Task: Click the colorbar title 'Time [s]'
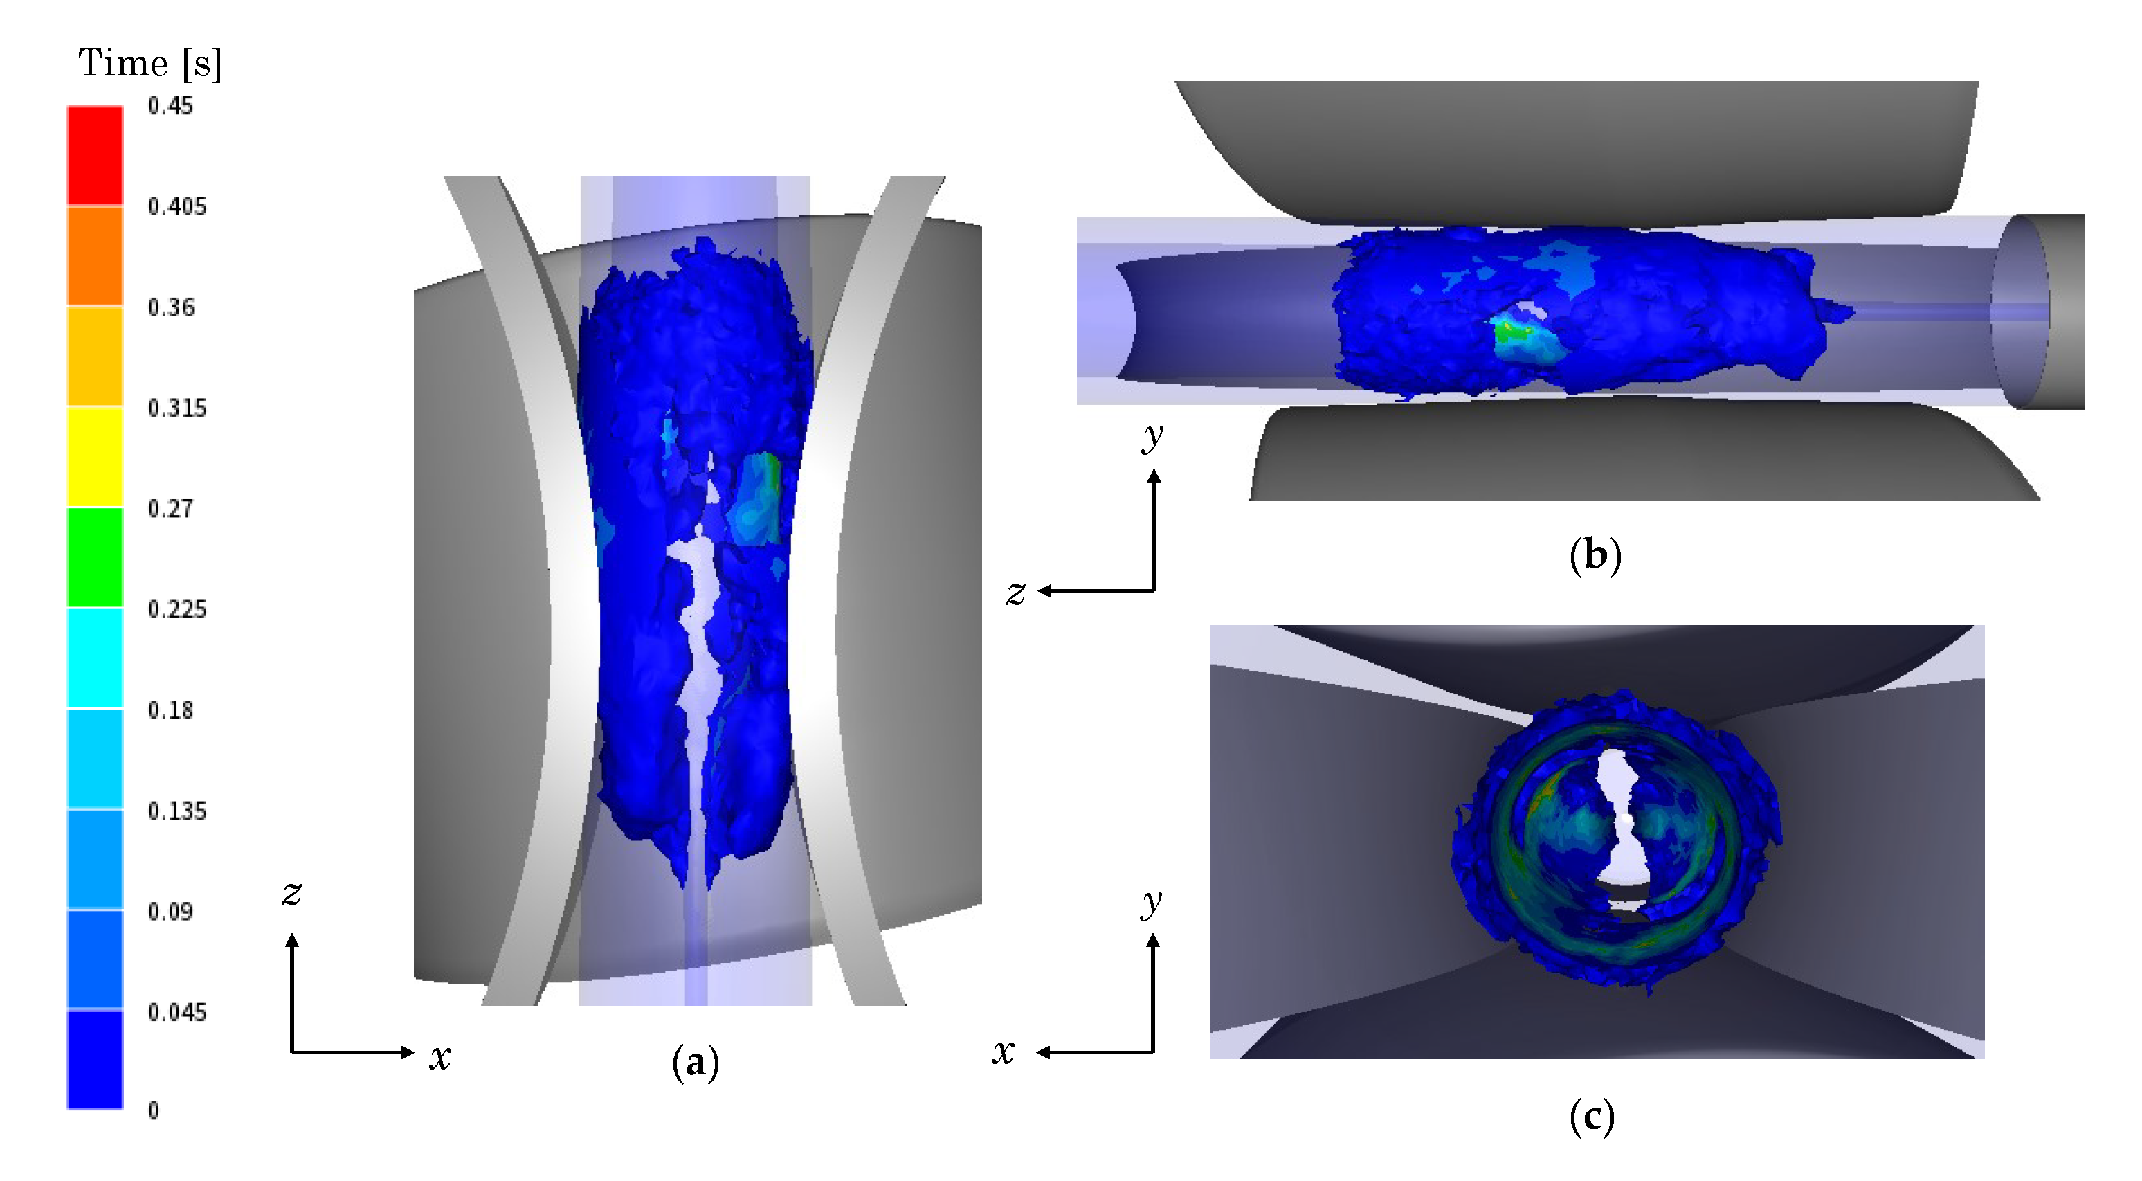149,63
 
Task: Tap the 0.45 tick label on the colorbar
170,106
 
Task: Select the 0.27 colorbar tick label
170,508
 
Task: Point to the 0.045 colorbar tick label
177,1012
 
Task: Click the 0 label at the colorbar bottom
153,1110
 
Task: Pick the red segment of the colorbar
95,156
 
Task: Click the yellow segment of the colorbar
95,457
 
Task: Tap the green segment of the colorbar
95,557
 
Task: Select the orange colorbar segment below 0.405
95,255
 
